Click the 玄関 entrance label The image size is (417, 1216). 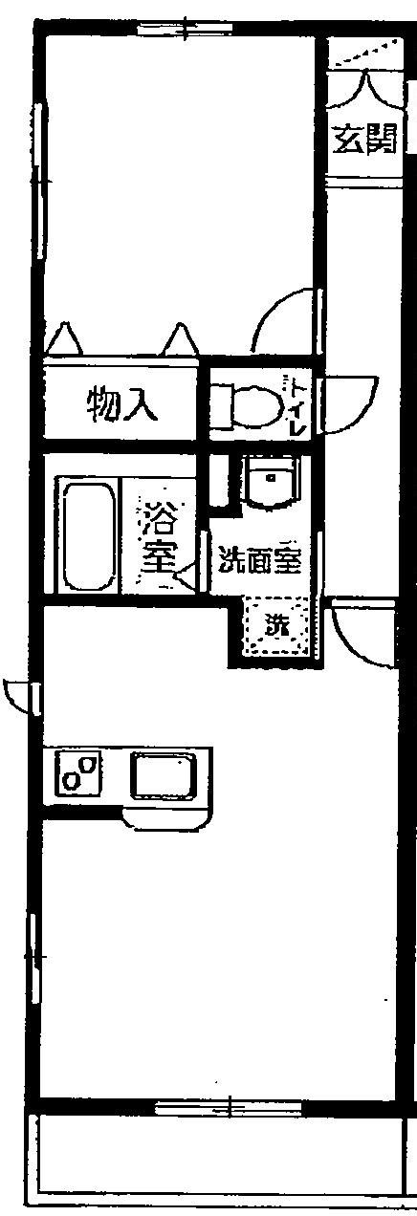click(364, 139)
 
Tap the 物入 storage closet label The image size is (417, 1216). click(122, 404)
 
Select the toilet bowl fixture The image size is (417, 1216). click(256, 403)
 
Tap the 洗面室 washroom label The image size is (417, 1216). click(259, 559)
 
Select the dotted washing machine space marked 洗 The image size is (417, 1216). click(277, 626)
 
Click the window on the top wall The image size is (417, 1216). click(186, 27)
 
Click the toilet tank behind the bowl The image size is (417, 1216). click(221, 404)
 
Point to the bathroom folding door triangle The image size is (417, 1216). click(187, 575)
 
